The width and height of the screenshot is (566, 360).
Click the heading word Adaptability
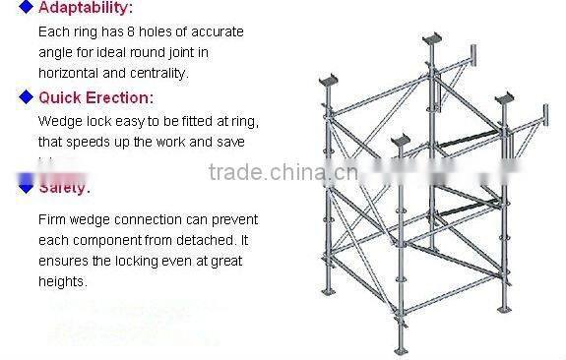coord(85,9)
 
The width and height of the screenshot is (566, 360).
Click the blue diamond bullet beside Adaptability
coord(26,9)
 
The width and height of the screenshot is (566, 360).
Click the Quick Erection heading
coord(95,97)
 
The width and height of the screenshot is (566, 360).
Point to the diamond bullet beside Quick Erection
coord(26,97)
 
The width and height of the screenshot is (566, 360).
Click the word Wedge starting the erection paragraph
coord(58,121)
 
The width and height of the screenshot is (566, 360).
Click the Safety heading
coord(64,187)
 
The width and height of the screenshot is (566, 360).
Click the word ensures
coord(63,261)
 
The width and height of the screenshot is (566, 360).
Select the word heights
coord(62,281)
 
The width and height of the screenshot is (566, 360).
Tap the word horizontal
coord(72,72)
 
